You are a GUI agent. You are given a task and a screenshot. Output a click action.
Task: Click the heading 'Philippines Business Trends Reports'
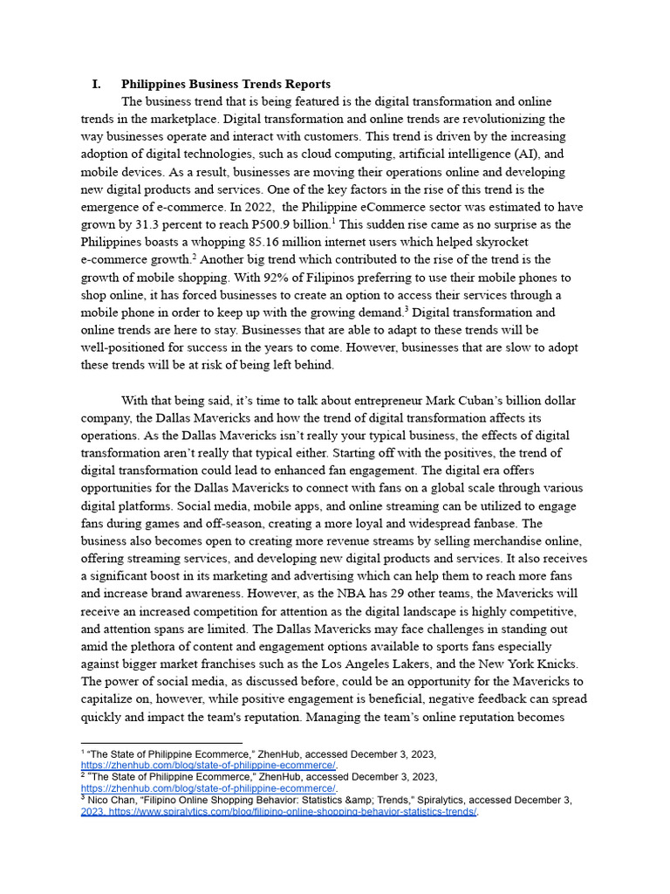point(225,84)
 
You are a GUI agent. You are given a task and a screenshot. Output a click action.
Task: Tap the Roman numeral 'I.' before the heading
point(96,84)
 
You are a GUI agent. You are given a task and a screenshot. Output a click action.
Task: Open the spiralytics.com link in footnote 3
point(293,811)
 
